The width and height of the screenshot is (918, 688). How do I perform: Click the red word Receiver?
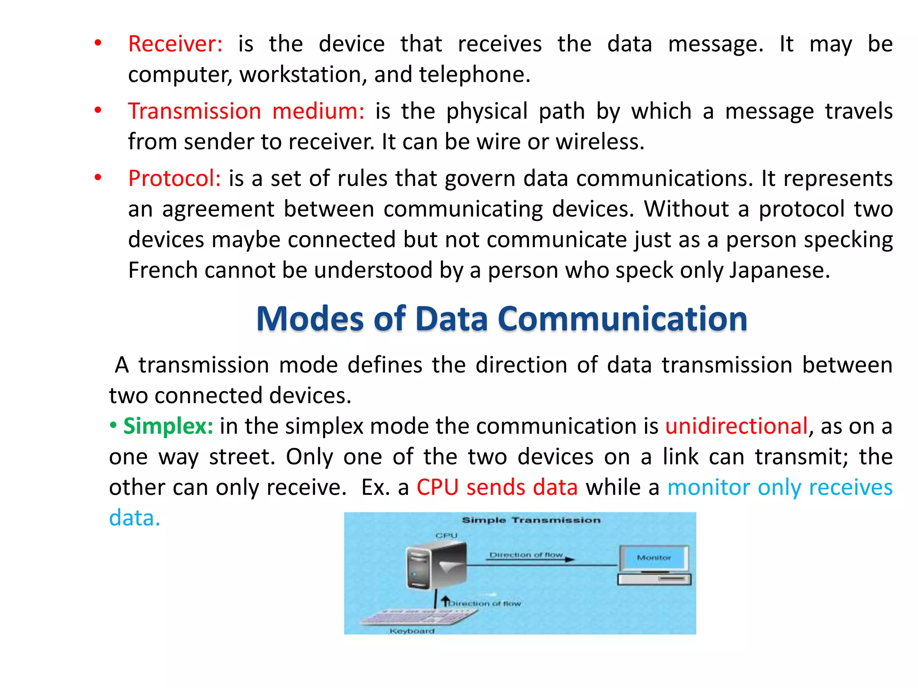coord(175,44)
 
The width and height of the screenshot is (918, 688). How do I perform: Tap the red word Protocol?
coord(174,179)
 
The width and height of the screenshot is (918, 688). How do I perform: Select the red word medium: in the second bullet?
coord(318,112)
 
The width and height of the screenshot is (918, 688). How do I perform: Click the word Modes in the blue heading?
coord(310,319)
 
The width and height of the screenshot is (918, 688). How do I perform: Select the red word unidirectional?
coord(736,426)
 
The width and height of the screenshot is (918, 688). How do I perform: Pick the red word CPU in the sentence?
coord(437,487)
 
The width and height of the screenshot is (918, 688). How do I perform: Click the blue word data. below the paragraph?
coord(134,518)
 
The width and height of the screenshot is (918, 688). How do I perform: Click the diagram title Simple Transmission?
coord(531,520)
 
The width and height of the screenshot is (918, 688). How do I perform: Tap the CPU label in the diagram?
coord(446,536)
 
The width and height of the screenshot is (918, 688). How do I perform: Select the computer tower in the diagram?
coord(435,567)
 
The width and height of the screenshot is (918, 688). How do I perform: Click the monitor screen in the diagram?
coord(654,558)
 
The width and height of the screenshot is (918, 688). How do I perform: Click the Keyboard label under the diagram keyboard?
coord(412,631)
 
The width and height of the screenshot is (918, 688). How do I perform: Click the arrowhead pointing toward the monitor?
coord(570,559)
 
